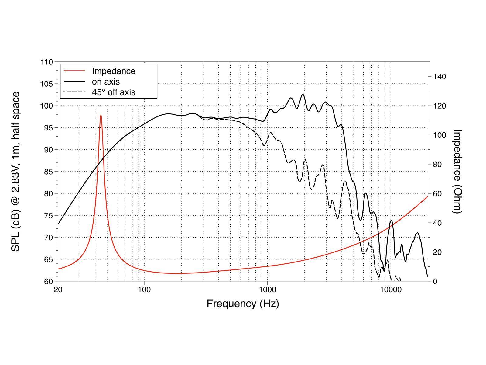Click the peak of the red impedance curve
101,115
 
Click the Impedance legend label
114,71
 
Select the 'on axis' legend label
106,82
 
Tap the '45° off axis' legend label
114,92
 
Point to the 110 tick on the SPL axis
46,62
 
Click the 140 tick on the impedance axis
439,77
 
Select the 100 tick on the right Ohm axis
439,135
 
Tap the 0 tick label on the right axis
435,281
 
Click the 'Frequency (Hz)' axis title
243,304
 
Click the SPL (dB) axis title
16,171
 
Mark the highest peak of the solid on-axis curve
303,94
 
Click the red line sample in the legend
74,71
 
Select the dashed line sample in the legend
74,92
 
